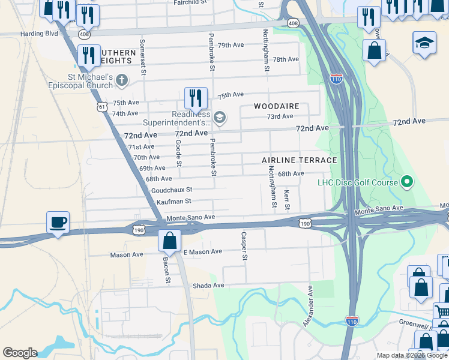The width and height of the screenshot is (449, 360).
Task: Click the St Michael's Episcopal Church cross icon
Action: (x=122, y=80)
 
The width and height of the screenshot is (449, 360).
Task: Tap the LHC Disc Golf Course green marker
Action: (x=407, y=182)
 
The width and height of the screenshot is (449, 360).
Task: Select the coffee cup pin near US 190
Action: (x=58, y=223)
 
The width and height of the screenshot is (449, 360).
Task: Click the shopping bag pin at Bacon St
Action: (x=170, y=240)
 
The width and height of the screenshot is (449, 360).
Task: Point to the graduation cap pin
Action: (x=424, y=44)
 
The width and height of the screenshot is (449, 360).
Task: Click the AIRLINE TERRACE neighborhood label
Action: (x=299, y=161)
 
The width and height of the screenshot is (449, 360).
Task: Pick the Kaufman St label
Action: (x=173, y=202)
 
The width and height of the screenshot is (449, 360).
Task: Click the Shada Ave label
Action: (x=208, y=286)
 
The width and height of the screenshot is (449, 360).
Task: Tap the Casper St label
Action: (x=244, y=246)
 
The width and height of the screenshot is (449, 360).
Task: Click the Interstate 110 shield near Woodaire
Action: (x=336, y=79)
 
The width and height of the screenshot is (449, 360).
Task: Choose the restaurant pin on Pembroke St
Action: (x=195, y=97)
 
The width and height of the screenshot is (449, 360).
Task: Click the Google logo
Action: (x=20, y=353)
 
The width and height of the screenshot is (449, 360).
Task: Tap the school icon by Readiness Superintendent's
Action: (x=219, y=117)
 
